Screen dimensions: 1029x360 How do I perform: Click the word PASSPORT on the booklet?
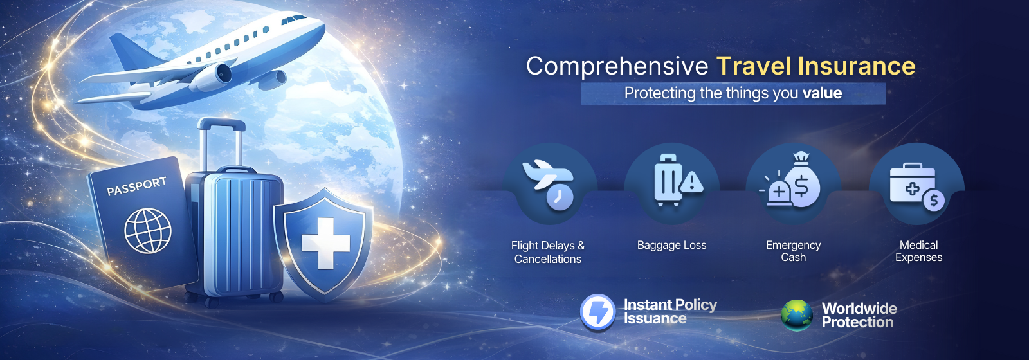tap(136, 186)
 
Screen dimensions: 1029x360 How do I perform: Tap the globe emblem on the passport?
tap(148, 231)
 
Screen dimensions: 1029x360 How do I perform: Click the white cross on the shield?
tap(325, 243)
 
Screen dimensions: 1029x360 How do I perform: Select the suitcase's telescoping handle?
tap(221, 142)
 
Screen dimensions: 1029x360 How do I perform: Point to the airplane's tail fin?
tap(132, 52)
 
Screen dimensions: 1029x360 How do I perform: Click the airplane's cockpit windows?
tap(293, 19)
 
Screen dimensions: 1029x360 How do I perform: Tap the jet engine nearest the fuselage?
tap(212, 76)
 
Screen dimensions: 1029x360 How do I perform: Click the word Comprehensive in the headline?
tap(617, 67)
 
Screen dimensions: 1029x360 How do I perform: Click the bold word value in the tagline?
tap(823, 93)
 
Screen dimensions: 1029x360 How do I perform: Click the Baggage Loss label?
tap(671, 245)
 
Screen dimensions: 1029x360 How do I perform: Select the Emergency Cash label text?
tap(794, 251)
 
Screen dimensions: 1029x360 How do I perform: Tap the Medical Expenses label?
tap(919, 251)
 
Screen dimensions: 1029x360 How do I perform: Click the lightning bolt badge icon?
tap(597, 312)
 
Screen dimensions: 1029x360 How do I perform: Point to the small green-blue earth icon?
tap(797, 315)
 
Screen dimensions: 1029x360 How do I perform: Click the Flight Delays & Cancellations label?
tap(548, 252)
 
